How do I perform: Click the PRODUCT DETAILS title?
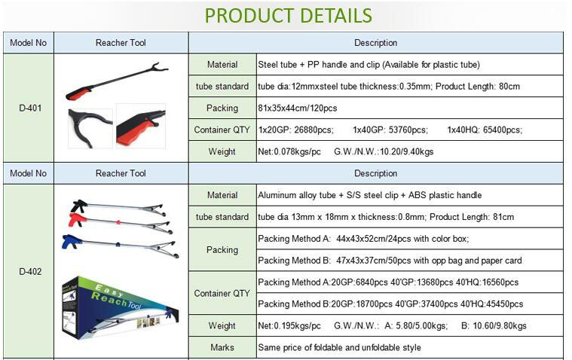[x=288, y=15]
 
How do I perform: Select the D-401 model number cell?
[x=30, y=108]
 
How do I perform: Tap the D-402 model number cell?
[x=30, y=271]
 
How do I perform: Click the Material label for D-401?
[x=222, y=65]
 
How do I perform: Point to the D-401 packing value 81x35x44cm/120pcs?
[x=298, y=108]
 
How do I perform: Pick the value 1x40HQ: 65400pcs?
[x=485, y=130]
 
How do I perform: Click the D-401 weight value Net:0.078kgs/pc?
[x=289, y=151]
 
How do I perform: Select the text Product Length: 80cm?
[x=478, y=87]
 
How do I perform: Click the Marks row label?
[x=222, y=348]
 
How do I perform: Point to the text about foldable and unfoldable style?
[x=339, y=348]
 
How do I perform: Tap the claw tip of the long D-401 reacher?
[x=160, y=68]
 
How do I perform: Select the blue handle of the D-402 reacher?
[x=72, y=242]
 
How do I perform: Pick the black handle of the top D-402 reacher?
[x=78, y=206]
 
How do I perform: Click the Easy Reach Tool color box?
[x=120, y=308]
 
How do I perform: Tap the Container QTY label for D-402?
[x=222, y=293]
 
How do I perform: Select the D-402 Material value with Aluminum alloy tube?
[x=369, y=195]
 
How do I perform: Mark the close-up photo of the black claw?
[x=90, y=128]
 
